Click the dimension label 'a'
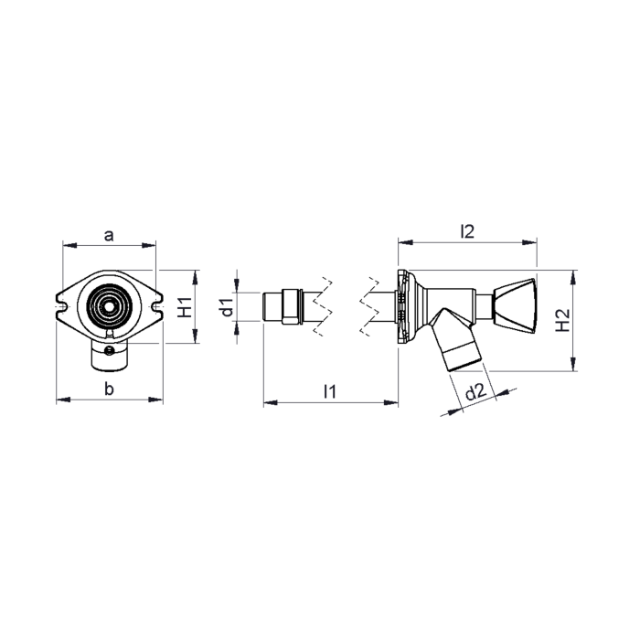coord(109,236)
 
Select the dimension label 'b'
coord(109,389)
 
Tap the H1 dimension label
coord(186,307)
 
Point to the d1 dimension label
coord(227,307)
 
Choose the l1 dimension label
coord(330,391)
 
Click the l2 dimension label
coord(467,231)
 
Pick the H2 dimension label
coord(563,320)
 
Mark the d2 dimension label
coord(476,392)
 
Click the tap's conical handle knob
coord(514,305)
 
